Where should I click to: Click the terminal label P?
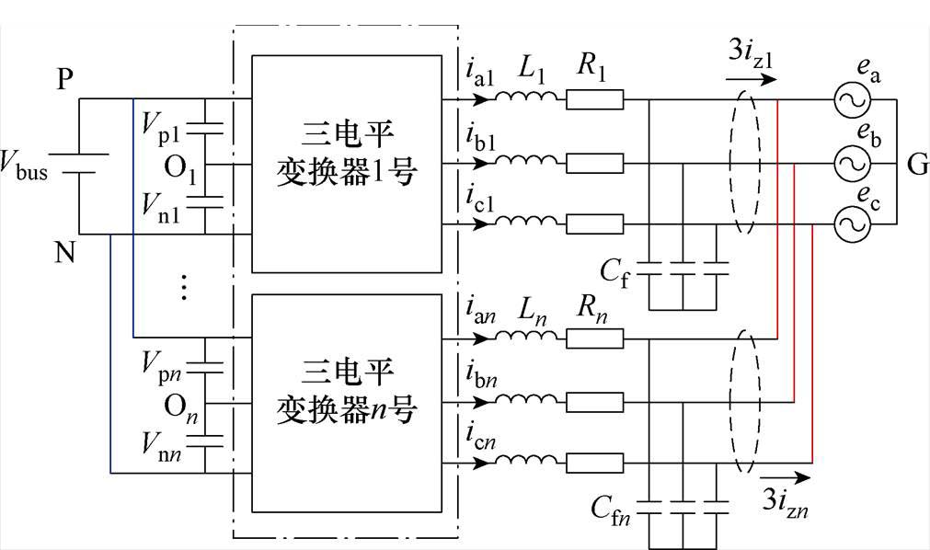(63, 80)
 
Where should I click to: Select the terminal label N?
(63, 251)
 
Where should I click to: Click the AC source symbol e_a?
(851, 100)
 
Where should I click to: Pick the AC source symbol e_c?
(851, 223)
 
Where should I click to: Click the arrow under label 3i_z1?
(751, 80)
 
